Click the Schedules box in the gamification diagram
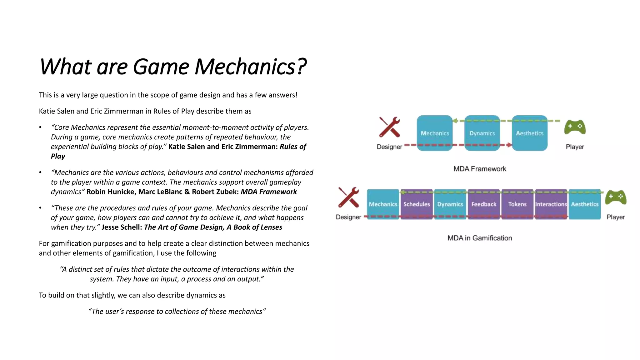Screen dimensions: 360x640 [x=417, y=204]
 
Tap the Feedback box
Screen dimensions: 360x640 [x=484, y=204]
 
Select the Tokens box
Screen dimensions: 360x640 [x=517, y=204]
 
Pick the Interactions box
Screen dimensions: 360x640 [x=551, y=204]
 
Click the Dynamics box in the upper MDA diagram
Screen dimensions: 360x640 [x=482, y=133]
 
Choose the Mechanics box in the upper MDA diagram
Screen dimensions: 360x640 [x=435, y=133]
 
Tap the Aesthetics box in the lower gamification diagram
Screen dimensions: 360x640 [x=585, y=204]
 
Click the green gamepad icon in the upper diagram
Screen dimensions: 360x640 [x=575, y=127]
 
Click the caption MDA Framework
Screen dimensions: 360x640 [x=480, y=169]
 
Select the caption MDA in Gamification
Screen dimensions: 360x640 [x=480, y=238]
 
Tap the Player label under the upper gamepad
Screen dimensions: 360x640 [x=575, y=147]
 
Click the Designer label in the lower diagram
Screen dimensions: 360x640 [x=348, y=217]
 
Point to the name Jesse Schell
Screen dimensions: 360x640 [x=122, y=227]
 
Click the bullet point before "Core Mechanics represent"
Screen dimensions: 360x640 [x=40, y=127]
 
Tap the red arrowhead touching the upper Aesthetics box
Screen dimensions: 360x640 [x=509, y=145]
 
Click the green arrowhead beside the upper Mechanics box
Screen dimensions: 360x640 [x=455, y=121]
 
